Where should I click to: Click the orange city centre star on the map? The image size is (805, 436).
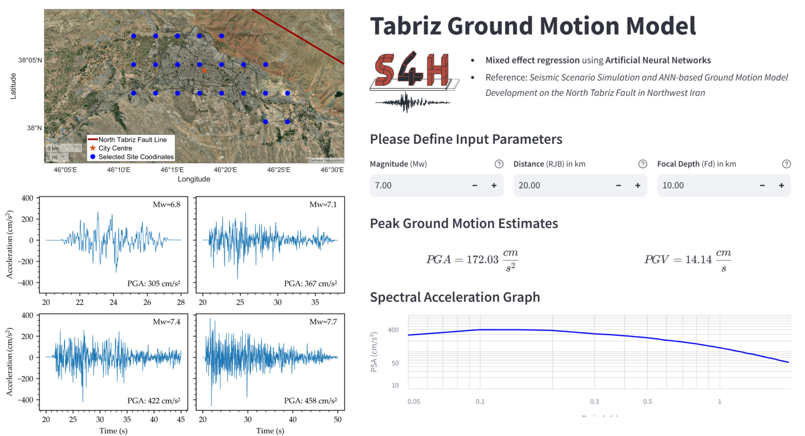204,70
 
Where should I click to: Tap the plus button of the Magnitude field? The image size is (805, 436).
494,186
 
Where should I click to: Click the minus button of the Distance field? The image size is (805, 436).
618,186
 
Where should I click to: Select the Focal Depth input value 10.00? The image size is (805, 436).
673,186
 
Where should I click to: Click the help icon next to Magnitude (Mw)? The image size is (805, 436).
499,164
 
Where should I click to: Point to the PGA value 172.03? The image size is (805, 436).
482,259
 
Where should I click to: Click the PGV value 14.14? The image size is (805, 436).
698,259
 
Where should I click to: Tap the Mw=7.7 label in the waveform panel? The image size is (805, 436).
323,322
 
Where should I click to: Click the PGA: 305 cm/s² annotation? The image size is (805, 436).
154,283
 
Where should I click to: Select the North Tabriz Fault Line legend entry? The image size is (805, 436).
132,140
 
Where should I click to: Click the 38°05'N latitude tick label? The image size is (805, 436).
30,60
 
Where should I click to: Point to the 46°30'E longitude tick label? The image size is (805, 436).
332,170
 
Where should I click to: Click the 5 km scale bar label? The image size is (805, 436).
53,148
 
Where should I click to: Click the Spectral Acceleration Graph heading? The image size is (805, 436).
455,297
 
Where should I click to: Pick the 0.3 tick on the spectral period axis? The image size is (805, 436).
594,401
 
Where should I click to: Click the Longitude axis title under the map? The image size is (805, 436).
194,179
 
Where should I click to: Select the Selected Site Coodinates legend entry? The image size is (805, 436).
136,157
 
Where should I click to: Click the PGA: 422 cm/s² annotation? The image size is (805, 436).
154,401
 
